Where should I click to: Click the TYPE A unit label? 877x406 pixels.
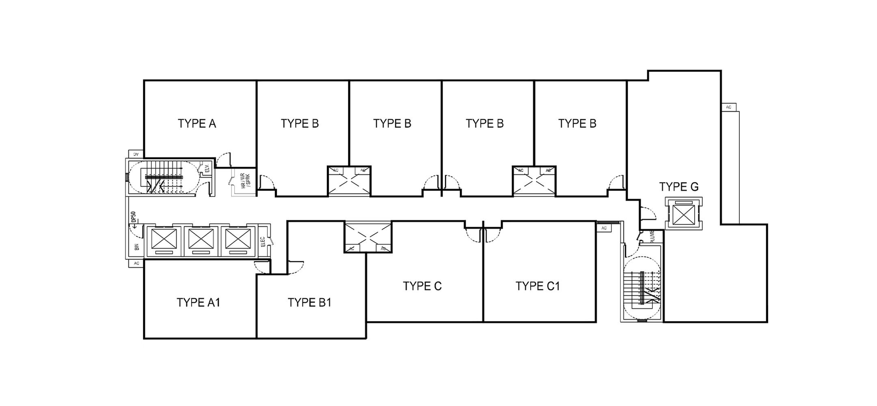(x=197, y=123)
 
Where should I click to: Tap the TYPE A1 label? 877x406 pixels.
(x=198, y=302)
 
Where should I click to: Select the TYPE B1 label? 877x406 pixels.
(x=309, y=302)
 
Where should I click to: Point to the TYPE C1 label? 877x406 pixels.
(x=538, y=286)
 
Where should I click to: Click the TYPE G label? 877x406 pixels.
(x=679, y=187)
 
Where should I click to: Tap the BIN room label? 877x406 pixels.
(x=136, y=247)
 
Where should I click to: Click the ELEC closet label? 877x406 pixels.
(x=263, y=242)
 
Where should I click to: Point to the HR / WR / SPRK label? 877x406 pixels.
(x=246, y=180)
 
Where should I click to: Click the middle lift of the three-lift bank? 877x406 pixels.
(x=201, y=240)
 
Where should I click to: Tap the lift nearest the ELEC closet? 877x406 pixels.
(x=238, y=240)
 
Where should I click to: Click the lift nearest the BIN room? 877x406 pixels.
(x=164, y=240)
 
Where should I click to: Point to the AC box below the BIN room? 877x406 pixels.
(x=136, y=263)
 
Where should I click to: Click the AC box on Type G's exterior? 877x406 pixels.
(x=729, y=107)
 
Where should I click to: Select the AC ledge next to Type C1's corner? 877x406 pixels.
(x=604, y=228)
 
